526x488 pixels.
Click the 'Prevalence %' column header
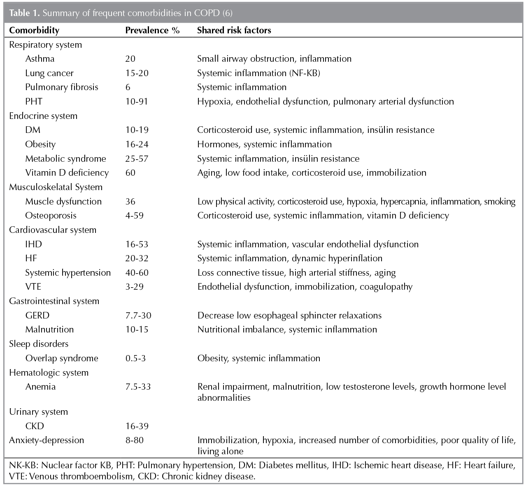[x=152, y=30]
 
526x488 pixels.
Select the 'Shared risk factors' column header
[x=234, y=30]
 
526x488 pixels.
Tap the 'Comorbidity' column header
[x=34, y=30]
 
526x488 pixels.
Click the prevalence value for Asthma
[x=130, y=59]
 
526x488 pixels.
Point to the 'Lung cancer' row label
[x=49, y=73]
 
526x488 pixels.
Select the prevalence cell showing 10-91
[x=137, y=102]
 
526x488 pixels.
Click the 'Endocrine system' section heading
[x=43, y=116]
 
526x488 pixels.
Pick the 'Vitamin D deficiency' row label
[x=67, y=173]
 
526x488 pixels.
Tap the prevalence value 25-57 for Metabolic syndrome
[x=137, y=159]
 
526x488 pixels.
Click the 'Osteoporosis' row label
[x=51, y=216]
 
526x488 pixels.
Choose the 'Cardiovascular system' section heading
[x=53, y=230]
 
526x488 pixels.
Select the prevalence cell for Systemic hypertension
[x=137, y=273]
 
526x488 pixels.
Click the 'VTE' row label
[x=33, y=287]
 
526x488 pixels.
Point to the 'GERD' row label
[x=37, y=316]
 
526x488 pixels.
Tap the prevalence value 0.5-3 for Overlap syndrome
[x=135, y=358]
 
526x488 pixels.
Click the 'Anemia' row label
[x=40, y=387]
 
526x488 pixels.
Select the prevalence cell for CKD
[x=137, y=426]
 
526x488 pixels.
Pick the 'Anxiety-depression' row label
[x=47, y=440]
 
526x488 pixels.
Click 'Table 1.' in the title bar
[x=25, y=13]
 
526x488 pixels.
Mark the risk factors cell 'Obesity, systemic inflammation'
[x=258, y=358]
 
